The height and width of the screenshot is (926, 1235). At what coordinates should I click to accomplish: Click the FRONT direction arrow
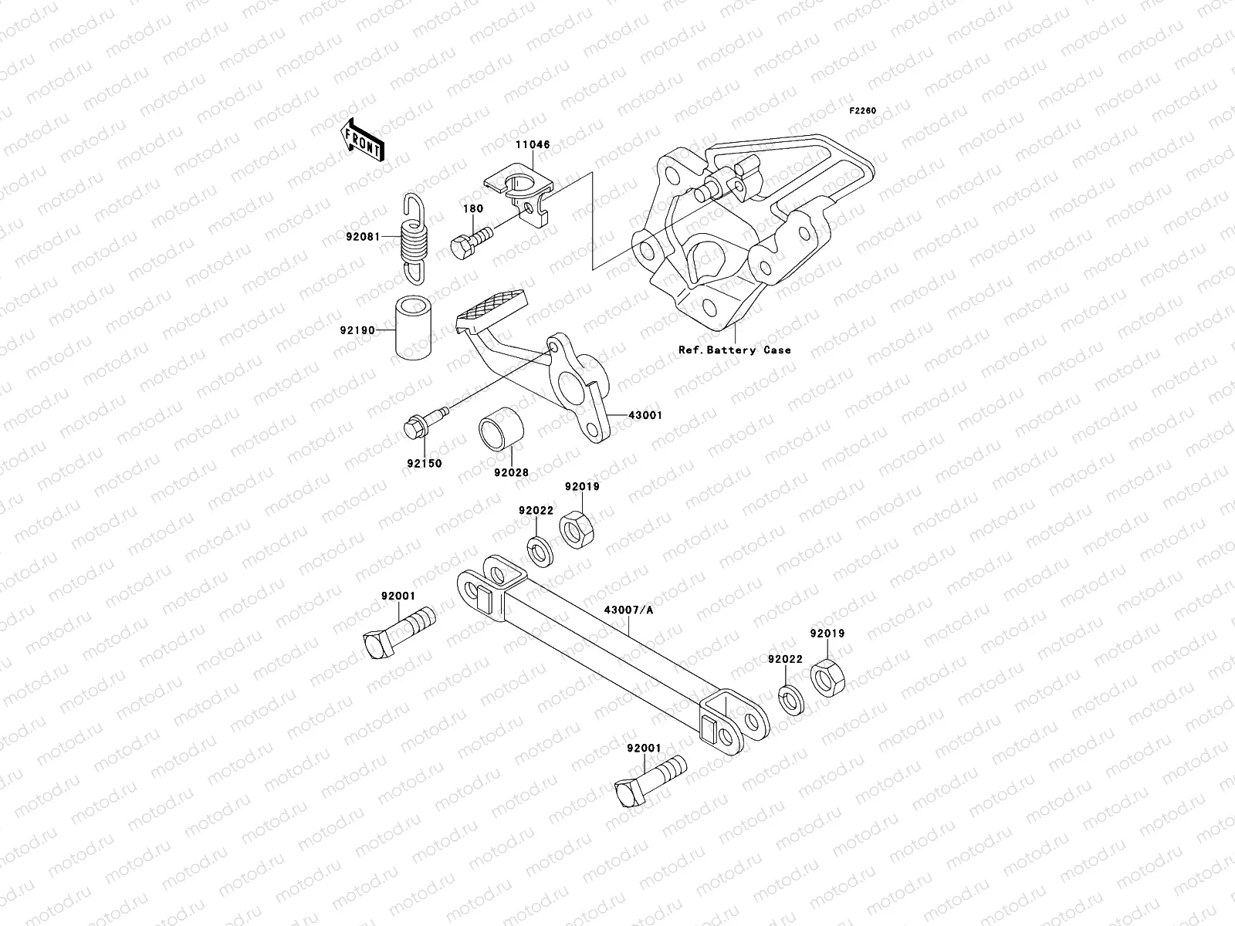point(364,140)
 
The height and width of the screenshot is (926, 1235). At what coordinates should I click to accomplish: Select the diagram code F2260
point(863,110)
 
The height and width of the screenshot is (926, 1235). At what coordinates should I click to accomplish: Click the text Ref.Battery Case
point(734,350)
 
